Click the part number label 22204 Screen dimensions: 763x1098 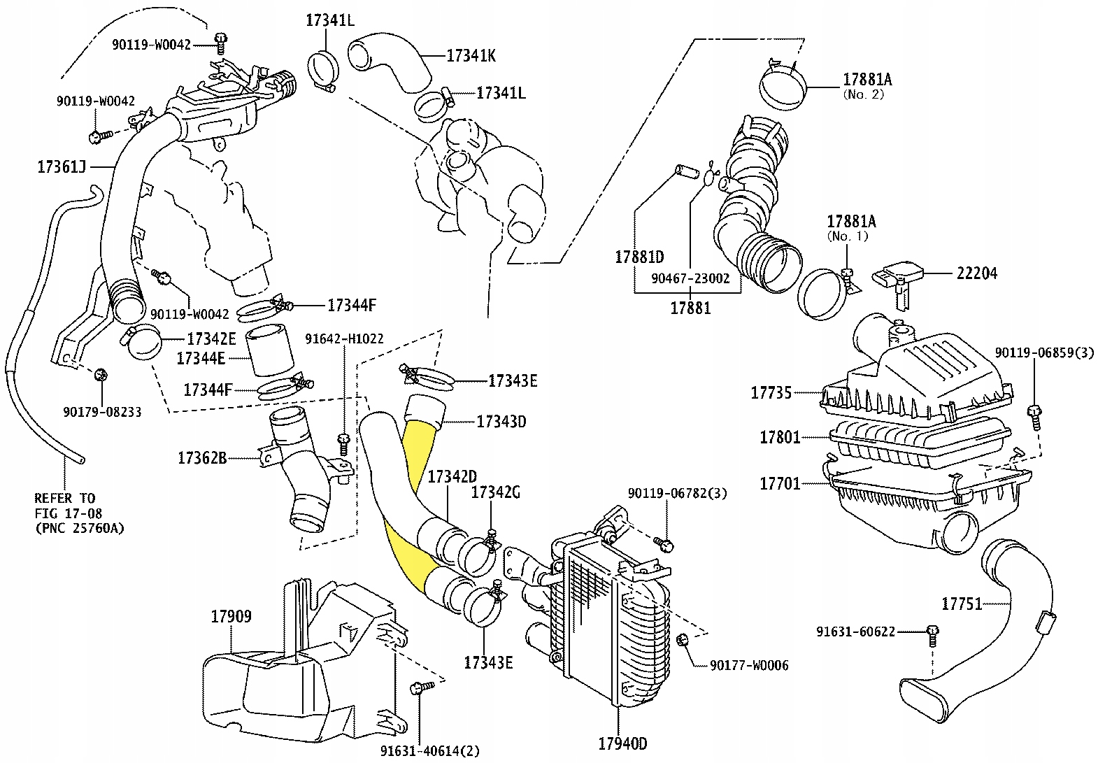[976, 273]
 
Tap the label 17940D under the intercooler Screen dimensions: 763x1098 [622, 743]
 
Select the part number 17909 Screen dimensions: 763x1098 [231, 616]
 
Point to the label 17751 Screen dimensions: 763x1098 [962, 604]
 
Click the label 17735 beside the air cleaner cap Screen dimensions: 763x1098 [771, 392]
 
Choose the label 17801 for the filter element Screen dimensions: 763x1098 [780, 438]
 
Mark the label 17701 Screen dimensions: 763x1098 [780, 483]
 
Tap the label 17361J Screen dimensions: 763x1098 [61, 166]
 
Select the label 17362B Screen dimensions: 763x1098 [202, 458]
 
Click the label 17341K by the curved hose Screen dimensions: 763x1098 [471, 55]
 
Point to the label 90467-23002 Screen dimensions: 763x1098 [690, 278]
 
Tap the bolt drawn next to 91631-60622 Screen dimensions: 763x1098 [932, 634]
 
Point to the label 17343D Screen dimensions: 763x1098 [501, 422]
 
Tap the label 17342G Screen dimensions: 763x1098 [495, 492]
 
